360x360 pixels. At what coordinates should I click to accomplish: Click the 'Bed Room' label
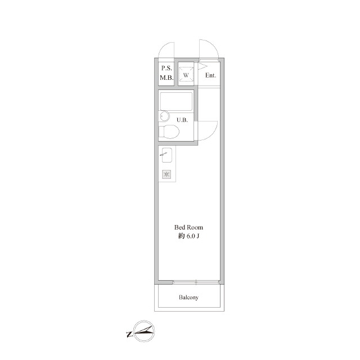coord(188,227)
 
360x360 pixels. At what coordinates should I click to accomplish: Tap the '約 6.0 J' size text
coord(188,236)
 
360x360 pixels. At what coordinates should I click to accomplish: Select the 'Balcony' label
coord(188,298)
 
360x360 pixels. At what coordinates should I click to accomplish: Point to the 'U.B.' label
coord(182,120)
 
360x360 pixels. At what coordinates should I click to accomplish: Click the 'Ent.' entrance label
coord(210,75)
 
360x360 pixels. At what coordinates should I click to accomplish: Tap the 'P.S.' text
coord(166,68)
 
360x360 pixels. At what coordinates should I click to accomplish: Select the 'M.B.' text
coord(166,78)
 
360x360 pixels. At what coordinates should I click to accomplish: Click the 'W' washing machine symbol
coord(186,74)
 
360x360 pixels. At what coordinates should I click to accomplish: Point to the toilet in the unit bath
coord(169,132)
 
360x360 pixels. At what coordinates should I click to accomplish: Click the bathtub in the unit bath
coord(176,101)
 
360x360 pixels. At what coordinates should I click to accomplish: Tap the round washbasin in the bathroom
coord(164,116)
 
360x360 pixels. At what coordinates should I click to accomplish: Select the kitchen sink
coord(167,155)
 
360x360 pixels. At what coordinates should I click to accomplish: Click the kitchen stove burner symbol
coord(166,174)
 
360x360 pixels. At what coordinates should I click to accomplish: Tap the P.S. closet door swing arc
coord(164,47)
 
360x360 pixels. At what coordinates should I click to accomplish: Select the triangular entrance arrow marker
coord(202,66)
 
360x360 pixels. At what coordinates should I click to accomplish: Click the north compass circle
coord(144,331)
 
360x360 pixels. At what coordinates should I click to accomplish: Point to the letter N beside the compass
coord(129,334)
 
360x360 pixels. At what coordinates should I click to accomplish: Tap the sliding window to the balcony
coord(196,282)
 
